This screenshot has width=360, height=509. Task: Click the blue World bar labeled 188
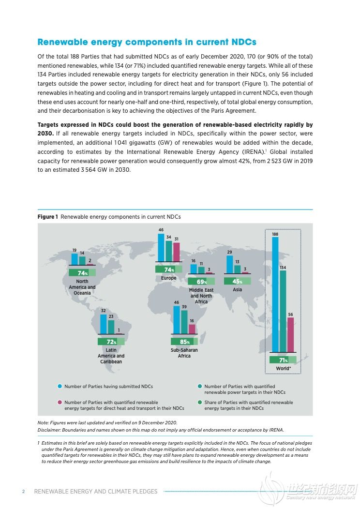click(x=275, y=295)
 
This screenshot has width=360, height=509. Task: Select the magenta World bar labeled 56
click(x=290, y=335)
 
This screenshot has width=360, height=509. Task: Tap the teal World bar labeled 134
click(x=283, y=311)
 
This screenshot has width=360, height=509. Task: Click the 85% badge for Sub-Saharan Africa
click(x=184, y=342)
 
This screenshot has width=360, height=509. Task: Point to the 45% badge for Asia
click(x=237, y=281)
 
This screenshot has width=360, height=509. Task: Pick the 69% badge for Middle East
click(x=201, y=282)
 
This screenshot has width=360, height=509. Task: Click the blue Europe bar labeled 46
click(x=161, y=247)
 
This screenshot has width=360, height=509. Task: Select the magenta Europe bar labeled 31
click(x=176, y=252)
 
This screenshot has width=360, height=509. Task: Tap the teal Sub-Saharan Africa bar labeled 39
click(x=184, y=322)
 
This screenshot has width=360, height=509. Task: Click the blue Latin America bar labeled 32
click(x=103, y=324)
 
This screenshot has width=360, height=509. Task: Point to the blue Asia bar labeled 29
click(x=229, y=264)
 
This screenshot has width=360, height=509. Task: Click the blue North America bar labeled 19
click(x=75, y=259)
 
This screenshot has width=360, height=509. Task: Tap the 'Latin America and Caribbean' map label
click(x=111, y=356)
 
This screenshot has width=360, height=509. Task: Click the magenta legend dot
click(x=60, y=402)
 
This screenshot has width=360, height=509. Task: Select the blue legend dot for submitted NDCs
click(x=60, y=386)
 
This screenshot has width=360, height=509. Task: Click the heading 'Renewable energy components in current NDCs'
click(x=147, y=42)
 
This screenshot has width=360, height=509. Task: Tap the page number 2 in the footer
click(x=23, y=492)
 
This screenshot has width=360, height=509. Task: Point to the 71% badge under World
click(x=283, y=359)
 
